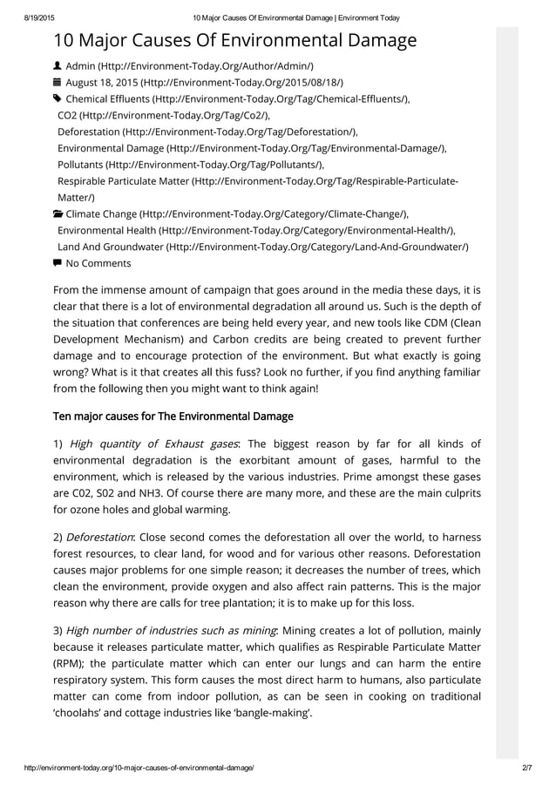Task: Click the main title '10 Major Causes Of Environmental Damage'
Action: click(234, 40)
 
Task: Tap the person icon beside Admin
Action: click(58, 66)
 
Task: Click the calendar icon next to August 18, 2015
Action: click(58, 83)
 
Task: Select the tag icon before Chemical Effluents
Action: click(58, 99)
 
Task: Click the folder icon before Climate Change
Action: click(58, 214)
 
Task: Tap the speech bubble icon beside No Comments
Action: click(58, 263)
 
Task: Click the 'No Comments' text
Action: click(98, 263)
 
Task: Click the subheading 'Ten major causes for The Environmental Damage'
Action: click(173, 416)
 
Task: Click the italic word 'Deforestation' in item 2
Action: click(99, 537)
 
